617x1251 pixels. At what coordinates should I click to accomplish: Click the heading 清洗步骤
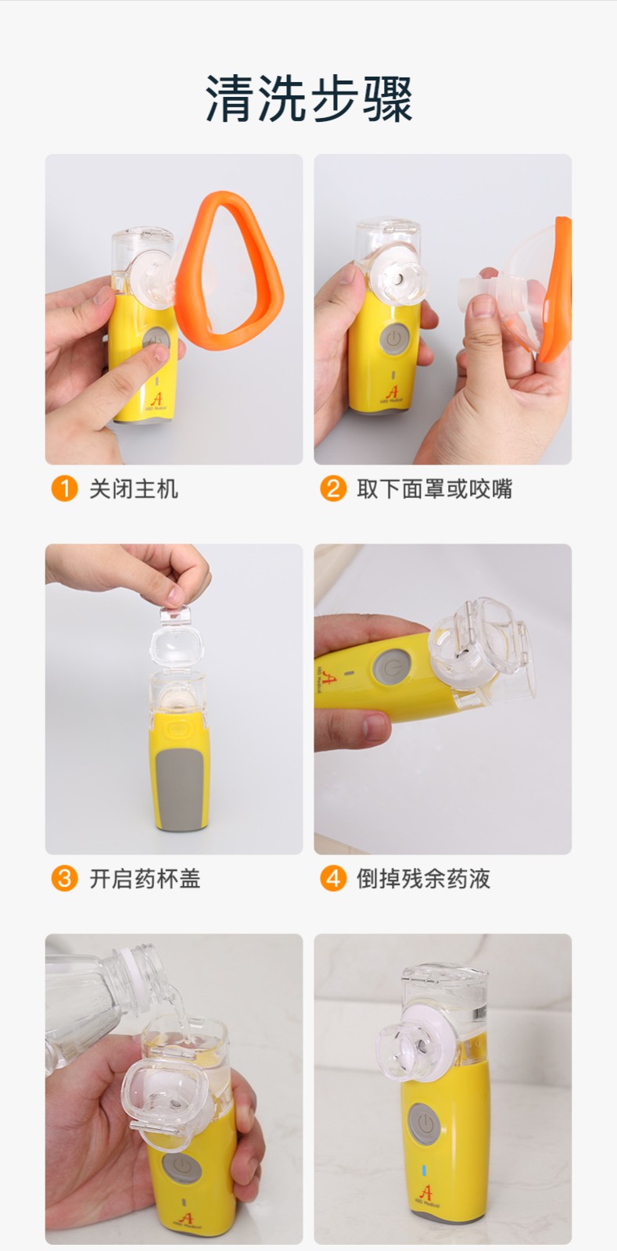[309, 99]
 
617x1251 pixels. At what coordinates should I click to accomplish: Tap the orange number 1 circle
[64, 489]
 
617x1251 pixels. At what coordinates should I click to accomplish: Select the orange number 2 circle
[333, 489]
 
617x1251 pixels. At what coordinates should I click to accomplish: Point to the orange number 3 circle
[64, 879]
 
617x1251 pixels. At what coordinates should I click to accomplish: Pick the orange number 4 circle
[333, 879]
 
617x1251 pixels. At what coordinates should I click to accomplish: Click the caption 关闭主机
[134, 489]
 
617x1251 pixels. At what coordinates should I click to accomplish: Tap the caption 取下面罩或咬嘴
[435, 489]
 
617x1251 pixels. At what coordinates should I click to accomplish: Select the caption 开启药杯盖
[145, 879]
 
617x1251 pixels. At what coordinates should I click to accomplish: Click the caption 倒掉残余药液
[424, 879]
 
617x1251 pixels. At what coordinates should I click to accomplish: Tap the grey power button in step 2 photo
[394, 339]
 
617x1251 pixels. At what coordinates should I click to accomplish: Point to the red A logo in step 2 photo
[393, 392]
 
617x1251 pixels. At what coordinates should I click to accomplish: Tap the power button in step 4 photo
[393, 668]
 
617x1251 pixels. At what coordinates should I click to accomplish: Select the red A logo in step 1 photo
[157, 399]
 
